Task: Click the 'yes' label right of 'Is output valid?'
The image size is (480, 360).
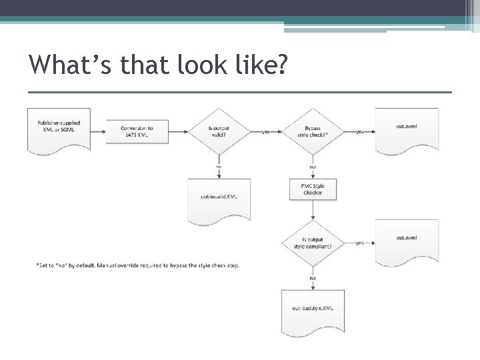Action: (x=266, y=132)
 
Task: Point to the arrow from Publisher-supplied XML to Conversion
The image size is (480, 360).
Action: (x=99, y=131)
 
